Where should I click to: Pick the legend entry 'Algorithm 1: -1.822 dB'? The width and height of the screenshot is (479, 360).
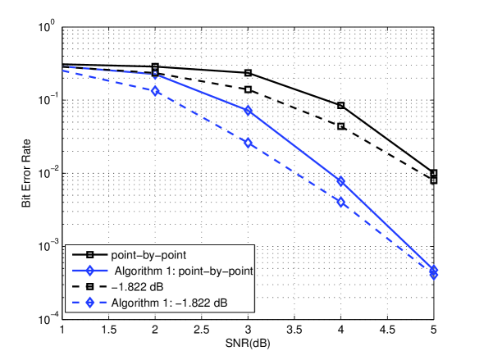[164, 303]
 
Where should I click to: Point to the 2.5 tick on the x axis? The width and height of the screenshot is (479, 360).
[201, 328]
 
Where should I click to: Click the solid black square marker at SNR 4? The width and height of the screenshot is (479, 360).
[341, 106]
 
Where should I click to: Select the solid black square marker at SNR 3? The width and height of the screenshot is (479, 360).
[248, 73]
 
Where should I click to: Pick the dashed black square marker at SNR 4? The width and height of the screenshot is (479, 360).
[341, 126]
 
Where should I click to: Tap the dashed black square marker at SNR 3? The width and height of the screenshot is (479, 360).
[248, 89]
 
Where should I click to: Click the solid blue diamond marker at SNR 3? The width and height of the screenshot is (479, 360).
[248, 111]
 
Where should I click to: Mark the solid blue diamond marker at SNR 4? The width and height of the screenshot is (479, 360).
[341, 181]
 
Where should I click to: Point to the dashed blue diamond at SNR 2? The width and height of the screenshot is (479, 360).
[155, 91]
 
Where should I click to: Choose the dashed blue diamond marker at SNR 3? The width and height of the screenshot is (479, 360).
[248, 143]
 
